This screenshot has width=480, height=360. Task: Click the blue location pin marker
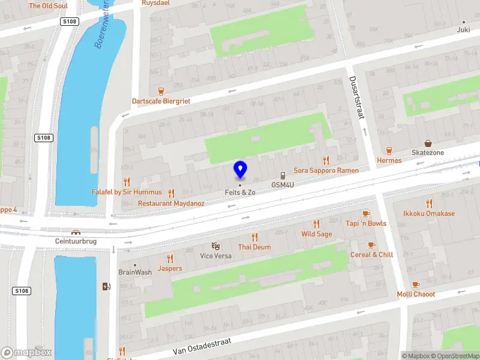240,170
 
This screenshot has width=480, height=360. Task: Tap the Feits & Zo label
240,192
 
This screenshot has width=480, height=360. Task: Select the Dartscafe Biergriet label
161,101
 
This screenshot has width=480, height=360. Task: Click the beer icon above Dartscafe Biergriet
161,91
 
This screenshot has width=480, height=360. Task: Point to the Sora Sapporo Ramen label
326,170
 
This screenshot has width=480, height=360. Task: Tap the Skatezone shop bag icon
428,143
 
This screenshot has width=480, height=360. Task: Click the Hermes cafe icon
389,151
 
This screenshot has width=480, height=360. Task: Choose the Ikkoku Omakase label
429,214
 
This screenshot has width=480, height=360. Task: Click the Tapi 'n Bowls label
366,224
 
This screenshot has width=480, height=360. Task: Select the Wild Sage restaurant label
316,234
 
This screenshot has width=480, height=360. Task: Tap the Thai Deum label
254,247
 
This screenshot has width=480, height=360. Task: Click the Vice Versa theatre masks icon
215,246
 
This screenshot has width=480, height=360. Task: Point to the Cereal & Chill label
371,254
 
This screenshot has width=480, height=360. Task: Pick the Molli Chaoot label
416,294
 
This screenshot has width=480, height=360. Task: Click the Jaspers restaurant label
170,268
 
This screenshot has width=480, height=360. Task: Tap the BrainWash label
134,272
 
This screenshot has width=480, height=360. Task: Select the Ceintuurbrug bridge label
76,241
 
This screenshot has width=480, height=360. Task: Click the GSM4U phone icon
283,176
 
